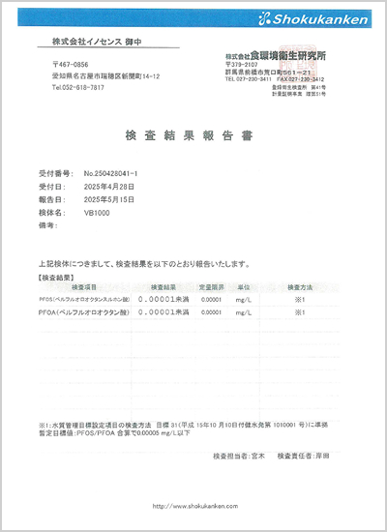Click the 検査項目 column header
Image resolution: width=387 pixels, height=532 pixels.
coord(78,288)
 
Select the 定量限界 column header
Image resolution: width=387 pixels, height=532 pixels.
coord(211,288)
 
